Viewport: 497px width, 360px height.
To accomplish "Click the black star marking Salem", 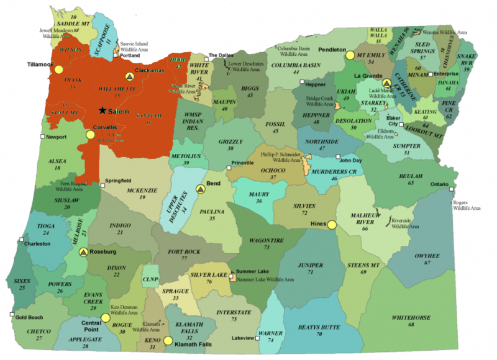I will (102, 110).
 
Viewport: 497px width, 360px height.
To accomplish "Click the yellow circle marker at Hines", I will (332, 225).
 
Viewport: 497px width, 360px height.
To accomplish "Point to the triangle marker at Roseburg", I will (83, 252).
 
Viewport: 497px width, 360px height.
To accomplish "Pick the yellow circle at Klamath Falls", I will (167, 340).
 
